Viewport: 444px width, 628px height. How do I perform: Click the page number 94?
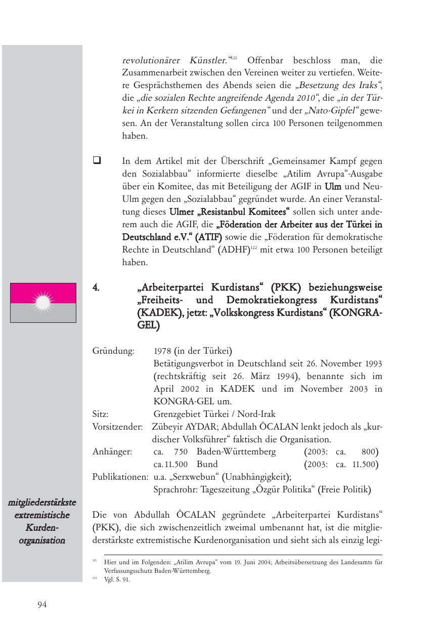[x=42, y=604]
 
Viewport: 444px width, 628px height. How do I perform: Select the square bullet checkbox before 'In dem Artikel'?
[x=96, y=161]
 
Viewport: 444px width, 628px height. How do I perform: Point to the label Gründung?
[x=113, y=351]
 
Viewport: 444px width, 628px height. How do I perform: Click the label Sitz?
[x=101, y=414]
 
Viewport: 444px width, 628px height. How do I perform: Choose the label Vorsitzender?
[x=118, y=427]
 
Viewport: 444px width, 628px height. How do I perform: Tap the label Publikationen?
[x=120, y=477]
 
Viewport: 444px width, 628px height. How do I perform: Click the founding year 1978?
[x=162, y=351]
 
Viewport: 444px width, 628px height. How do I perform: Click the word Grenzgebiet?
[x=175, y=414]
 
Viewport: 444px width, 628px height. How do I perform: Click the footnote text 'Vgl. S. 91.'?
[x=117, y=580]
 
